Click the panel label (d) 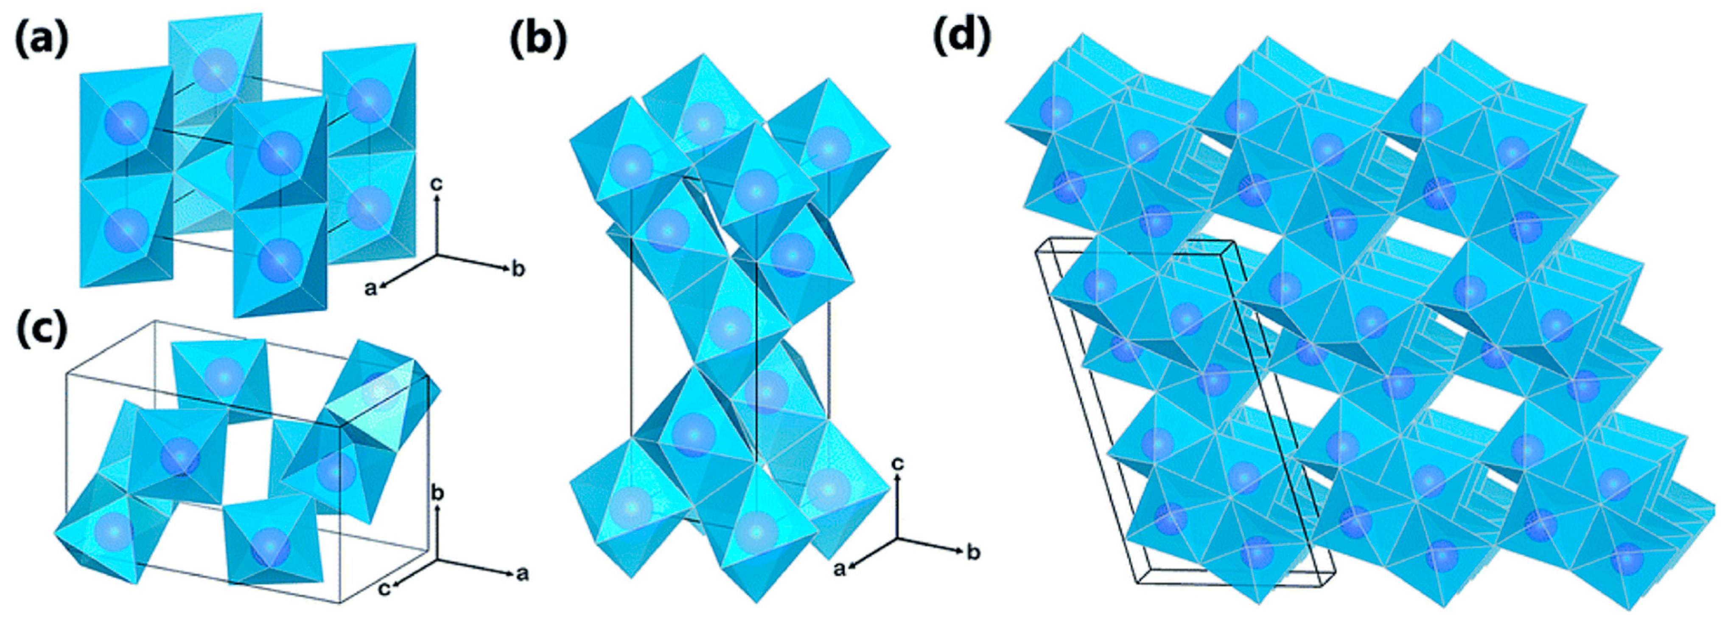(x=962, y=35)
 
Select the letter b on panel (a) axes (x=518, y=270)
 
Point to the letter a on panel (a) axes (x=370, y=289)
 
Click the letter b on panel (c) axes (x=437, y=493)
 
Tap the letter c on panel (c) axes (x=384, y=589)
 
